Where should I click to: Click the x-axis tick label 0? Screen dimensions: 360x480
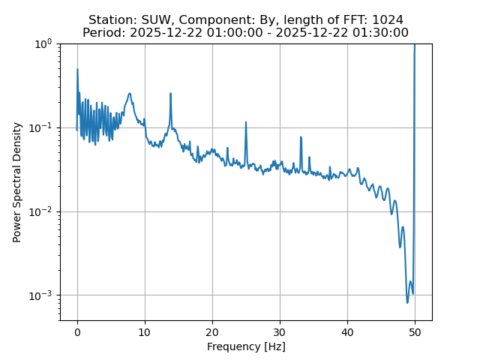pos(77,332)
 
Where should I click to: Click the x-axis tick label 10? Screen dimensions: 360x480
pos(145,332)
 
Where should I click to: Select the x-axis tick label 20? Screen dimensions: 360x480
pos(212,332)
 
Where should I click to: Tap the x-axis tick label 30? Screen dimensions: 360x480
pos(280,332)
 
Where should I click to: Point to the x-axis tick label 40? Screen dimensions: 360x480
pos(347,332)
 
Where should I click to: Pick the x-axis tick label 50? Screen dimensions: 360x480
pos(415,332)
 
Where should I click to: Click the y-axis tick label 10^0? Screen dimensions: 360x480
pos(41,43)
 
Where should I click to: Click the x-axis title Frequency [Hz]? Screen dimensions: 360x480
pos(246,346)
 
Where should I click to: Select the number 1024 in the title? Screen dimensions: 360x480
pos(387,20)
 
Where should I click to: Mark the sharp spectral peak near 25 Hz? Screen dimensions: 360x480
pos(246,122)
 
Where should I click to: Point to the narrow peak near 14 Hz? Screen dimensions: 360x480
pos(171,94)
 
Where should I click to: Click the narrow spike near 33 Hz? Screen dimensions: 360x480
pos(301,137)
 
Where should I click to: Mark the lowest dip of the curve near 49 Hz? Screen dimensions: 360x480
pos(408,302)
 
